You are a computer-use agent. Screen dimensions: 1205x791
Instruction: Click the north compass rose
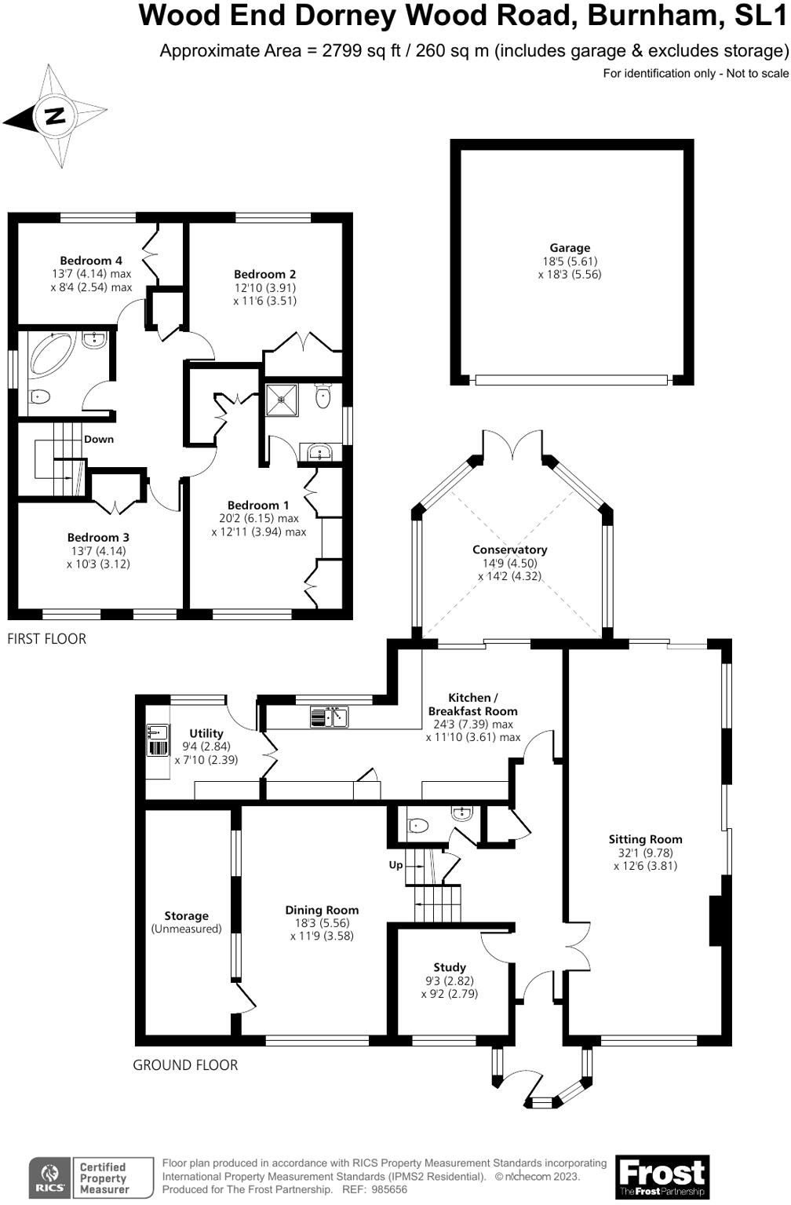56,116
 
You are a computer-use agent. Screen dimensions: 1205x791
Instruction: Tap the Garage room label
570,248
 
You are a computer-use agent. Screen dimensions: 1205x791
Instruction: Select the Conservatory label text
509,550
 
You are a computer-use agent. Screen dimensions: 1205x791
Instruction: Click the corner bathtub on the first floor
51,355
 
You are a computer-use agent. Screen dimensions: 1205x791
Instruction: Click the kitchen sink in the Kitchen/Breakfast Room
329,717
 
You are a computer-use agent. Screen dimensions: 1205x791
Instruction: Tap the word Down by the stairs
99,439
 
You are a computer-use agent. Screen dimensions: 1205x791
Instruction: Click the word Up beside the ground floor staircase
395,865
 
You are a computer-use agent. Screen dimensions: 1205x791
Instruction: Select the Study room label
450,967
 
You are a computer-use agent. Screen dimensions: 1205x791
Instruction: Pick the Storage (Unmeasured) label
186,922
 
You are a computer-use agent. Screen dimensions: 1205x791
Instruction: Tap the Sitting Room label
645,839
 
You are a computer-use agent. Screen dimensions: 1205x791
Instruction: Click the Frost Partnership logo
662,1177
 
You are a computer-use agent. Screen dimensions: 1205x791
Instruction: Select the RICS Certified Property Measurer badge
81,1178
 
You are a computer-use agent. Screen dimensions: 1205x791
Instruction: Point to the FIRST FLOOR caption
46,639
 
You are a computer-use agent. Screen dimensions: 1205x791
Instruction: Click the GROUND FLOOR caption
185,1065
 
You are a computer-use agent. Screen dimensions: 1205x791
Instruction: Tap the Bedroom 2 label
264,274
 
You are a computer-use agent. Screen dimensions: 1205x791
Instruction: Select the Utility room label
206,733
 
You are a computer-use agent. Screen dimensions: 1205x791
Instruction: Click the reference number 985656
389,1189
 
